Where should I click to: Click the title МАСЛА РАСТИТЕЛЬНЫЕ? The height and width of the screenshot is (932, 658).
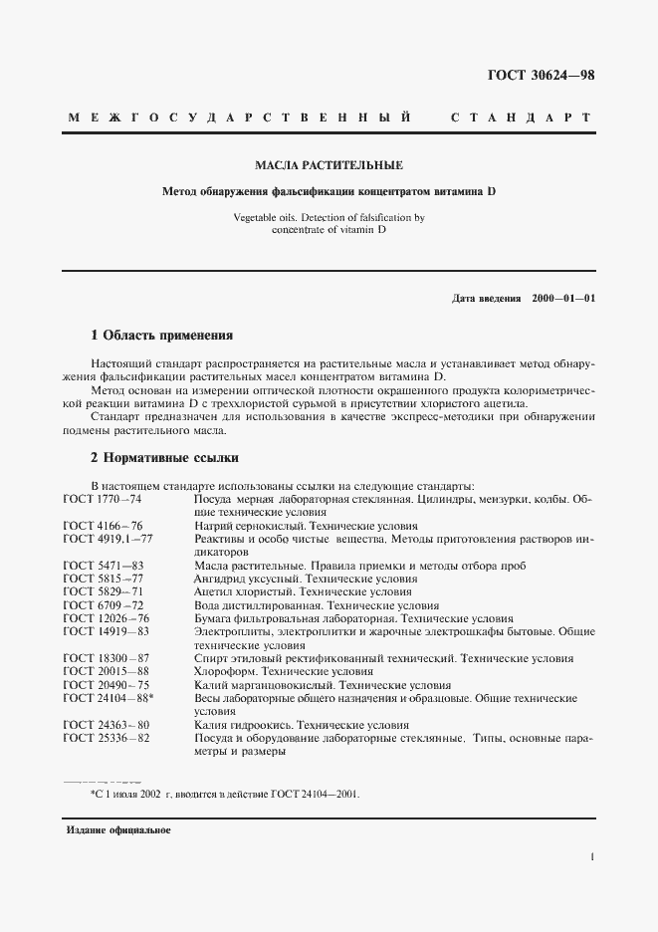point(329,164)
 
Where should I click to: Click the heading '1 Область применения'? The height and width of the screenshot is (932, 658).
point(161,336)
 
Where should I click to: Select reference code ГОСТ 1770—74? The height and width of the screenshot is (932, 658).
point(103,497)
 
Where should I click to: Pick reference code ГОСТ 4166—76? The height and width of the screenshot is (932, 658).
point(103,526)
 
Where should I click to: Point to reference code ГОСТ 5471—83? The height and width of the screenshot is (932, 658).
point(103,565)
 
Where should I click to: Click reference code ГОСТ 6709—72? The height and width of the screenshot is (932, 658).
point(103,604)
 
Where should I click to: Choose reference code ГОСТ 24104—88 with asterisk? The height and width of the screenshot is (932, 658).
point(106,698)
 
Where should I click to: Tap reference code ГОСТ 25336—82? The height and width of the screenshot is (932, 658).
point(103,738)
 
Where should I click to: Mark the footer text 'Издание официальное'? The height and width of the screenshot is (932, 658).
point(117,830)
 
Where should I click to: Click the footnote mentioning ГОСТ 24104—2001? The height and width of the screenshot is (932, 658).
point(224,795)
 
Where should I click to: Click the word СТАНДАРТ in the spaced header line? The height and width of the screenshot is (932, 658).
point(521,118)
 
